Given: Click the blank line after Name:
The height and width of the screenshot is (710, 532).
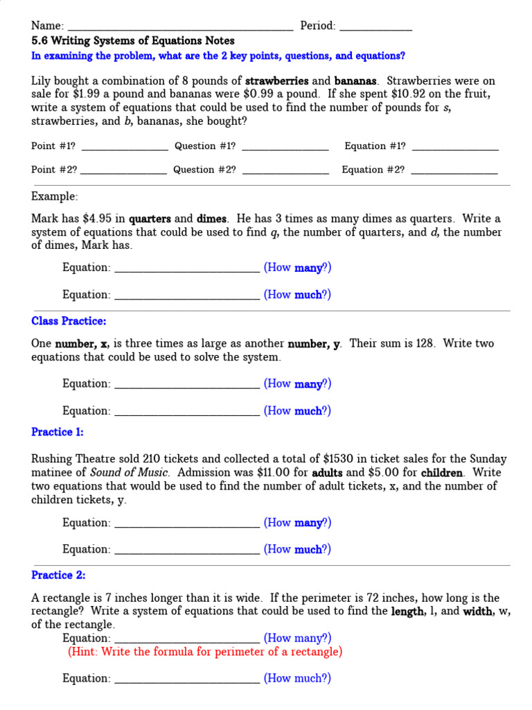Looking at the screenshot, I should pyautogui.click(x=179, y=28).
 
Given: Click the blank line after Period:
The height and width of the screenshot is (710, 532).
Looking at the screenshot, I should pyautogui.click(x=375, y=28).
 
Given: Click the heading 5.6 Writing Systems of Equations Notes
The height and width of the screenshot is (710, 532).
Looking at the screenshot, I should pyautogui.click(x=133, y=41).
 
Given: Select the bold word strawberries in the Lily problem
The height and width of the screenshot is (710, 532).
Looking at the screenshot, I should pyautogui.click(x=277, y=80).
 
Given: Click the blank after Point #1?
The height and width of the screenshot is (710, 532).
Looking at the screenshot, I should pyautogui.click(x=125, y=148).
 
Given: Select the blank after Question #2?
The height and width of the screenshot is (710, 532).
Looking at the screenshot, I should pyautogui.click(x=285, y=171).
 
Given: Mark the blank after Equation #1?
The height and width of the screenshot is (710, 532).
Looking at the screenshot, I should pyautogui.click(x=455, y=148).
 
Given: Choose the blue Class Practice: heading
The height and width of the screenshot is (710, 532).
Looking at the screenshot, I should pyautogui.click(x=69, y=321).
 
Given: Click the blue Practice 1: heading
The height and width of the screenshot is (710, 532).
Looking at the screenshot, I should pyautogui.click(x=57, y=432).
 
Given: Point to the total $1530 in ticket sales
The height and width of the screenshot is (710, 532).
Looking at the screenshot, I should pyautogui.click(x=338, y=459).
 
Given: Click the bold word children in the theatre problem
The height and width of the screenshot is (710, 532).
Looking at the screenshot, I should pyautogui.click(x=441, y=472).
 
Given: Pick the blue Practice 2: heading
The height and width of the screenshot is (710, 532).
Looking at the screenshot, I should pyautogui.click(x=58, y=575).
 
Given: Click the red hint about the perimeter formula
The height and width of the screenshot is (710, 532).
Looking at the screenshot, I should pyautogui.click(x=205, y=652).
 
